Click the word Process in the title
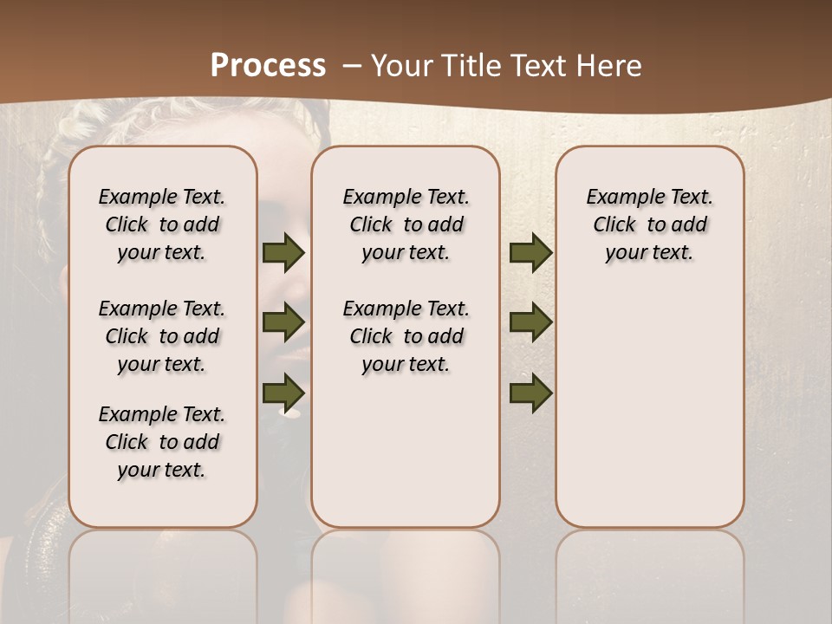tap(268, 65)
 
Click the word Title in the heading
tap(469, 65)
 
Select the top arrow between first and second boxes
tap(283, 253)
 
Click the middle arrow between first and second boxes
tap(283, 322)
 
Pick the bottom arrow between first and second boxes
tap(283, 392)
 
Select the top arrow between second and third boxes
tap(530, 253)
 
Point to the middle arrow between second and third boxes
tap(530, 322)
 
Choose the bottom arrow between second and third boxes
tap(530, 393)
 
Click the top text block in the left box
tap(162, 224)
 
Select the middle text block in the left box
tap(162, 336)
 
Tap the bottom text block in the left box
tap(162, 442)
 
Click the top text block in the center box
tap(406, 224)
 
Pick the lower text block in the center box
tap(406, 336)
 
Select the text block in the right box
tap(649, 224)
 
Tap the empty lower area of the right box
tap(649, 407)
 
